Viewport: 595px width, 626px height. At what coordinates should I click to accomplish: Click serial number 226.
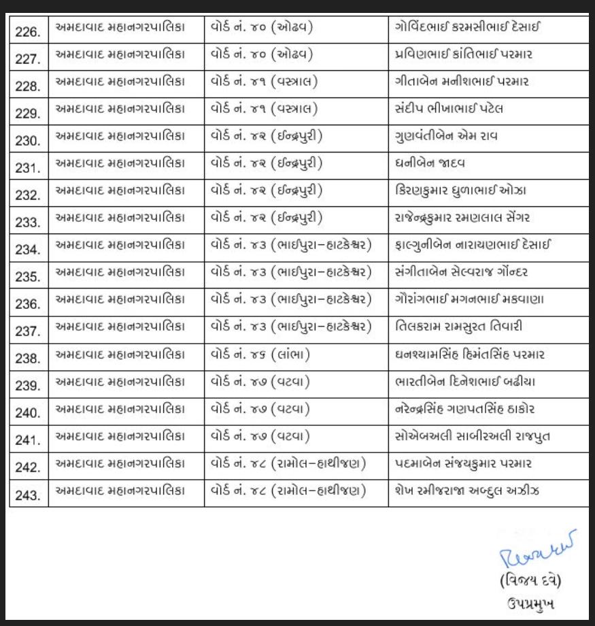click(28, 31)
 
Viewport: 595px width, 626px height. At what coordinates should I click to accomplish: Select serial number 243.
click(28, 495)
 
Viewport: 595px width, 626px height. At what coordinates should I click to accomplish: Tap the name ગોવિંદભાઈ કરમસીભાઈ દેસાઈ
click(469, 29)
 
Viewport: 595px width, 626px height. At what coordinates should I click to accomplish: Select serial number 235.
click(28, 277)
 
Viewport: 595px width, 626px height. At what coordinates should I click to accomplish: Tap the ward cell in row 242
click(289, 464)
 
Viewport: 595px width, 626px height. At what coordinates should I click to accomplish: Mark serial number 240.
click(28, 413)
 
